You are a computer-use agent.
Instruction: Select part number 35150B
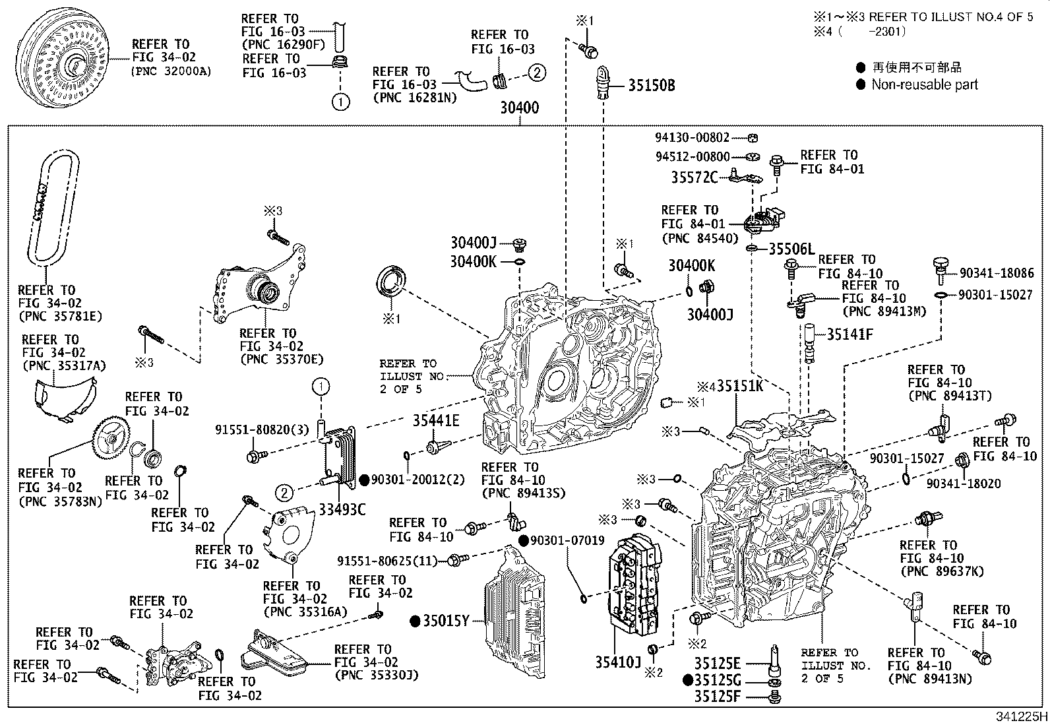point(651,85)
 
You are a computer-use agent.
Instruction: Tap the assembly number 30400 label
point(519,108)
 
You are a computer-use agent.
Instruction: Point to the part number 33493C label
point(342,509)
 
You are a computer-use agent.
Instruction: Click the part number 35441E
point(436,420)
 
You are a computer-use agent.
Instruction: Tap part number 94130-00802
point(692,138)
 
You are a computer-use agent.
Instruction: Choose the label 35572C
point(694,177)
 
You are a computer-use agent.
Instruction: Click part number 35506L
point(791,249)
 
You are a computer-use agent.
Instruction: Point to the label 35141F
point(849,334)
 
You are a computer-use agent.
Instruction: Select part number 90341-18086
point(996,272)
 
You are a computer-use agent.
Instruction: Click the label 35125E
point(717,663)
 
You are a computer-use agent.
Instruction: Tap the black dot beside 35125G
point(688,679)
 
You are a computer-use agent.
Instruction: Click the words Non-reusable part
point(925,84)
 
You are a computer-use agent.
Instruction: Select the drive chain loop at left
point(47,205)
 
